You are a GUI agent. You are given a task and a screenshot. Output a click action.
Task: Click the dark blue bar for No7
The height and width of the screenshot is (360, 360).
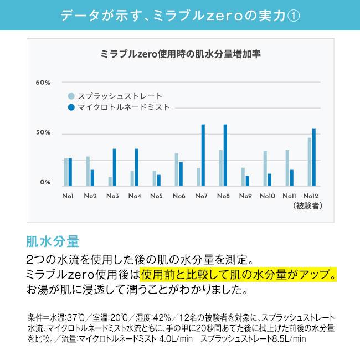tap(203, 155)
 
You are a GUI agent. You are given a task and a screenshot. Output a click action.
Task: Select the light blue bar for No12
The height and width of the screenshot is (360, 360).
tap(310, 161)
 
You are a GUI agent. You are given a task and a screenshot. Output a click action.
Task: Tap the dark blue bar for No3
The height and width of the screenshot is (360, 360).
tap(115, 167)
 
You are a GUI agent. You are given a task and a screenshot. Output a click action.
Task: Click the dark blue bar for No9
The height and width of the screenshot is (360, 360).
tap(248, 180)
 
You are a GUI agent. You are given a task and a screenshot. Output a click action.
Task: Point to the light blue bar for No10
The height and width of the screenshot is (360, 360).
tap(265, 168)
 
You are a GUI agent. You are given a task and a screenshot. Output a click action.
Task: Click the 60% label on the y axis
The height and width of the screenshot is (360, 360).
tap(43, 83)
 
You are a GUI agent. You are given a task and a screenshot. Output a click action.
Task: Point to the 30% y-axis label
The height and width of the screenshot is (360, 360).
tap(43, 133)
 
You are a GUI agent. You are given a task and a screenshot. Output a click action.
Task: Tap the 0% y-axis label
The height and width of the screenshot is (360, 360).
tap(45, 182)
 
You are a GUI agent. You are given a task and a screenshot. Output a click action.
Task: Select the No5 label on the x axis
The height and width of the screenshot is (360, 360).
tap(157, 196)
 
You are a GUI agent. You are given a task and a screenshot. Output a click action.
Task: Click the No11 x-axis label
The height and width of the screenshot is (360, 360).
tap(290, 196)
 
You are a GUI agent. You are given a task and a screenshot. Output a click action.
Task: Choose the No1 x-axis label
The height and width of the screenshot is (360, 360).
tap(68, 196)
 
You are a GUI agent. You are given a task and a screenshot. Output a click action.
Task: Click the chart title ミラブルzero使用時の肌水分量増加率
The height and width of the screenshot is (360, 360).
tap(181, 54)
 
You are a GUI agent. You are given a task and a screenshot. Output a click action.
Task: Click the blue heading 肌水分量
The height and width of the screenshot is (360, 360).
tap(53, 242)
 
